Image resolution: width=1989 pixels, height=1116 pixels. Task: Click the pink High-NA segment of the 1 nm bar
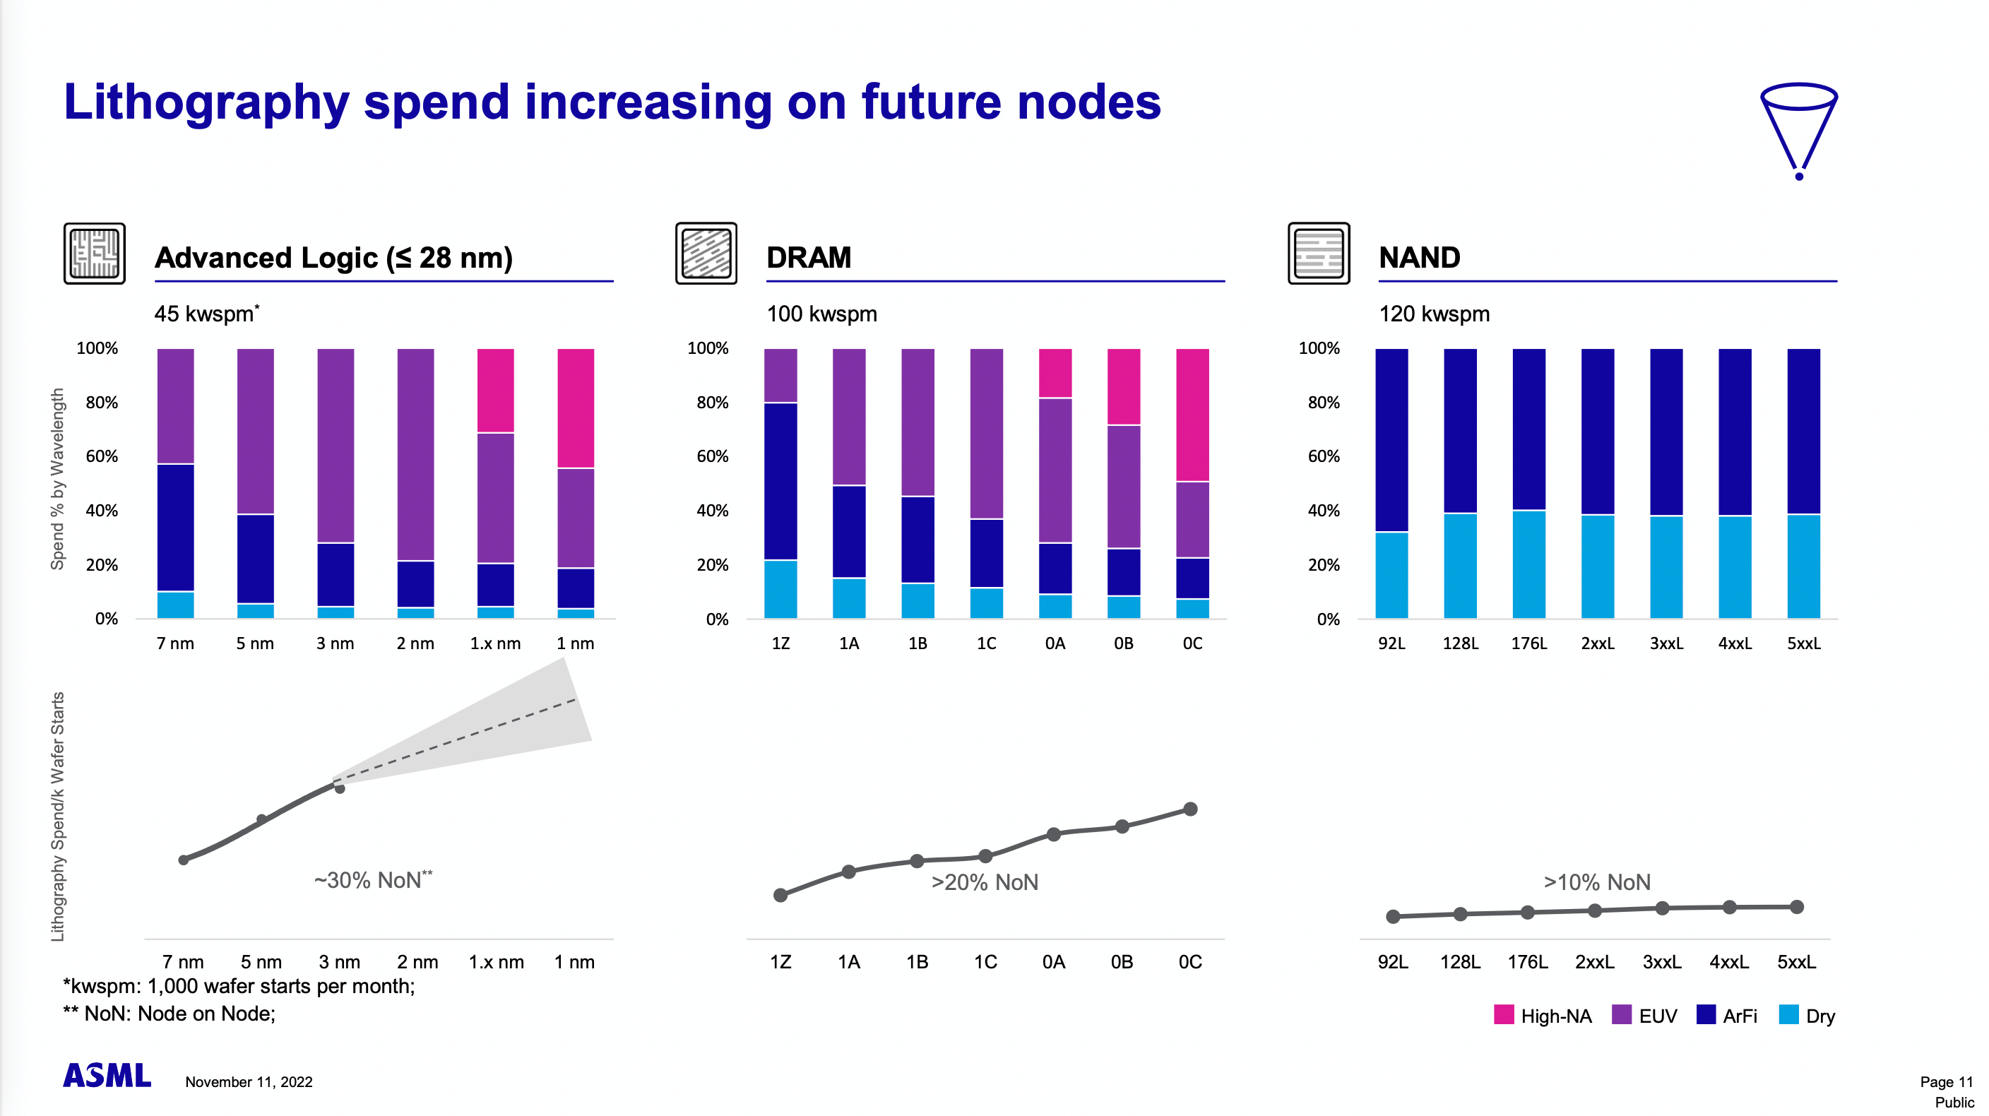point(575,408)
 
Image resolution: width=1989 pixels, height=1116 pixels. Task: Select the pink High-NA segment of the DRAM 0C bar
point(1192,415)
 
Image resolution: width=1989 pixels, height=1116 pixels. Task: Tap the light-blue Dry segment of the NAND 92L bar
point(1391,575)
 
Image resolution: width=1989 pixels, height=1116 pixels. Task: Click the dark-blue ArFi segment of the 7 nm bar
point(175,528)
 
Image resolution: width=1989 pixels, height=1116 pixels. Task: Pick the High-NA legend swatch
point(1503,1015)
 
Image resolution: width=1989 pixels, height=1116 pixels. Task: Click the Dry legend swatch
point(1788,1015)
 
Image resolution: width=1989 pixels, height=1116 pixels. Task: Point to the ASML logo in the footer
point(107,1075)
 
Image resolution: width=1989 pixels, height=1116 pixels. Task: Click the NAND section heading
point(1419,257)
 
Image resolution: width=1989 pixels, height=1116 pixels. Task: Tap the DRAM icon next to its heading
point(706,254)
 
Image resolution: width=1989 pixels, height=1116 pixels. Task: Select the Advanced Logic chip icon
point(94,254)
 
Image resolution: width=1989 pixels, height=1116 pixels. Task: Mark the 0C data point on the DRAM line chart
point(1190,809)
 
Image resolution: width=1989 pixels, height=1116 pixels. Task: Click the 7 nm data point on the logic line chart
point(184,860)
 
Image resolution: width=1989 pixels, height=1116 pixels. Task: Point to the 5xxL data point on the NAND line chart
point(1797,907)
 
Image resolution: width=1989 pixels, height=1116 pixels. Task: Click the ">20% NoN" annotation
point(985,882)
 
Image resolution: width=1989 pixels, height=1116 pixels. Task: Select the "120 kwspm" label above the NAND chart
point(1434,314)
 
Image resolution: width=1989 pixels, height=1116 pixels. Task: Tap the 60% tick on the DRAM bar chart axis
point(712,456)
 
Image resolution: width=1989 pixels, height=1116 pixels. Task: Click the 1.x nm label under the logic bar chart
point(495,643)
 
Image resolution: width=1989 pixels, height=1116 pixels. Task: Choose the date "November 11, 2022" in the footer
point(249,1082)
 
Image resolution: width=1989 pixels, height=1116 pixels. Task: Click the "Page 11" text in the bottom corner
point(1946,1082)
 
